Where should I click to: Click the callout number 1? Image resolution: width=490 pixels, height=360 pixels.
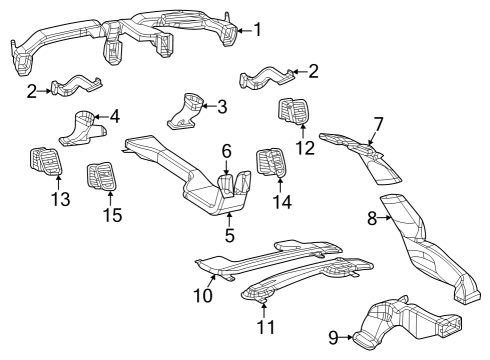pyautogui.click(x=257, y=29)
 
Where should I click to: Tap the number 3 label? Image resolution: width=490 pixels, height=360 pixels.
pyautogui.click(x=222, y=105)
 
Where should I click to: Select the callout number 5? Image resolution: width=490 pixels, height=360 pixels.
pyautogui.click(x=229, y=236)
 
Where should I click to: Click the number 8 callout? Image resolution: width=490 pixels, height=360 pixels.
pyautogui.click(x=371, y=217)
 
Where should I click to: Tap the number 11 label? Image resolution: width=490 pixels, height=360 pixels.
pyautogui.click(x=263, y=328)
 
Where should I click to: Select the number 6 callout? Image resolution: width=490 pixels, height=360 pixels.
pyautogui.click(x=227, y=150)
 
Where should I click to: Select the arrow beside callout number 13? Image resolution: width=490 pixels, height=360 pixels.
pyautogui.click(x=58, y=183)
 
